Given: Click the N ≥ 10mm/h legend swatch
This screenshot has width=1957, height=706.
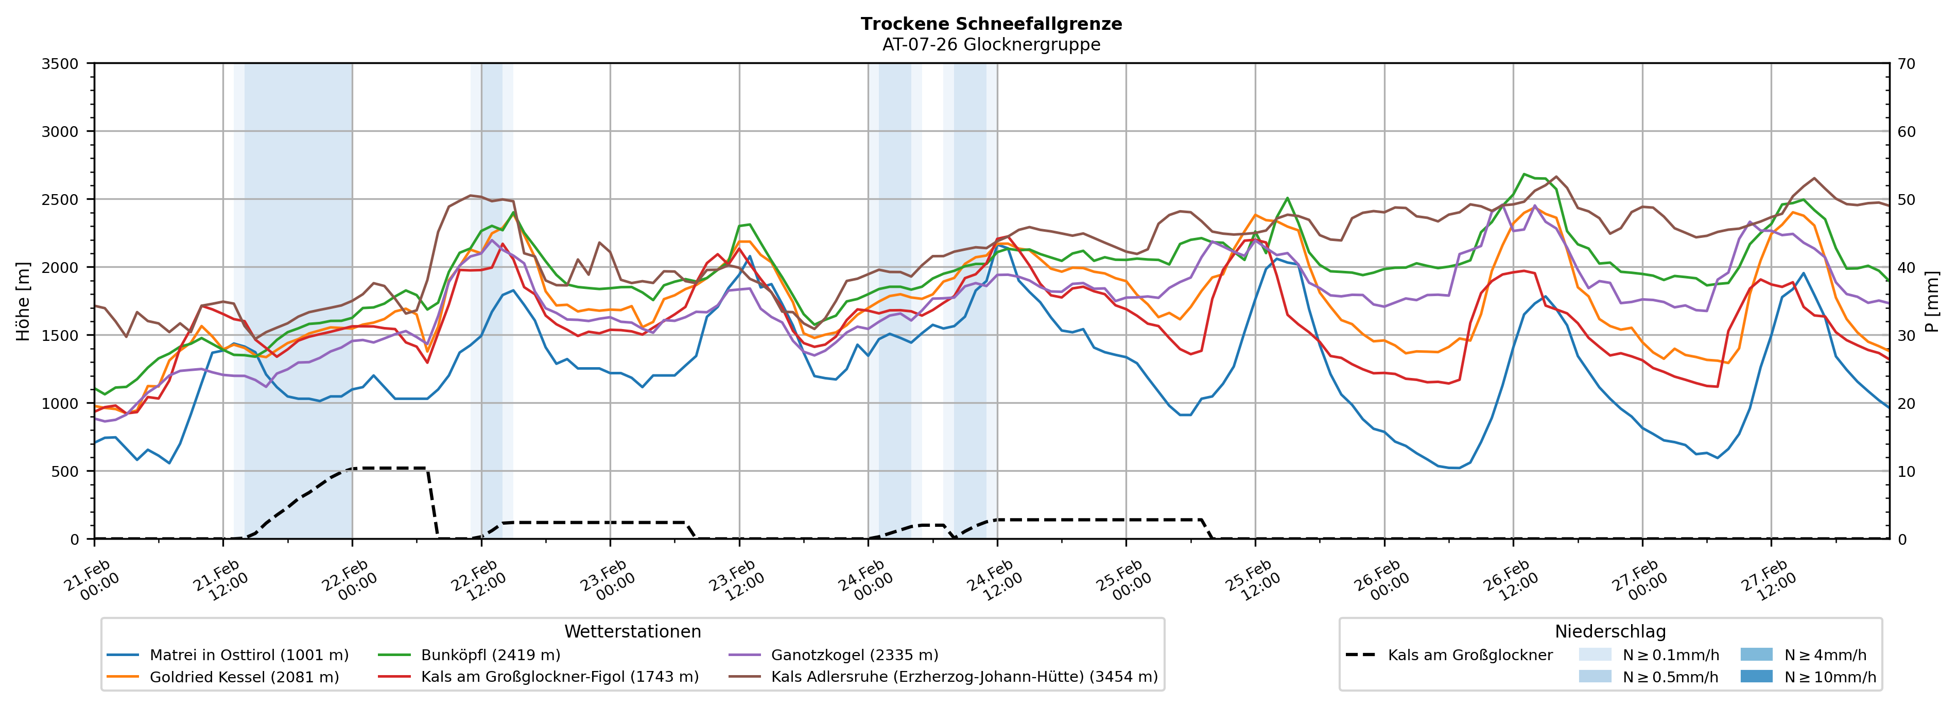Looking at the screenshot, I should [1756, 676].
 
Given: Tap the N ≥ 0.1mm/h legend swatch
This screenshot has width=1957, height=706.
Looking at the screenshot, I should [1595, 655].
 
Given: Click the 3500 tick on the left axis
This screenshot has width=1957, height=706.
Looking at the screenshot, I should [60, 64].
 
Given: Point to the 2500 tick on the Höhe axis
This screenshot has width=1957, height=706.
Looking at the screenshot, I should [60, 200].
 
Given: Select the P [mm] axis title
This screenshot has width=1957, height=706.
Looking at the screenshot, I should [1933, 302].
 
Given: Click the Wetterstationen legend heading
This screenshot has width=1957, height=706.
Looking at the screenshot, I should [632, 631].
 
